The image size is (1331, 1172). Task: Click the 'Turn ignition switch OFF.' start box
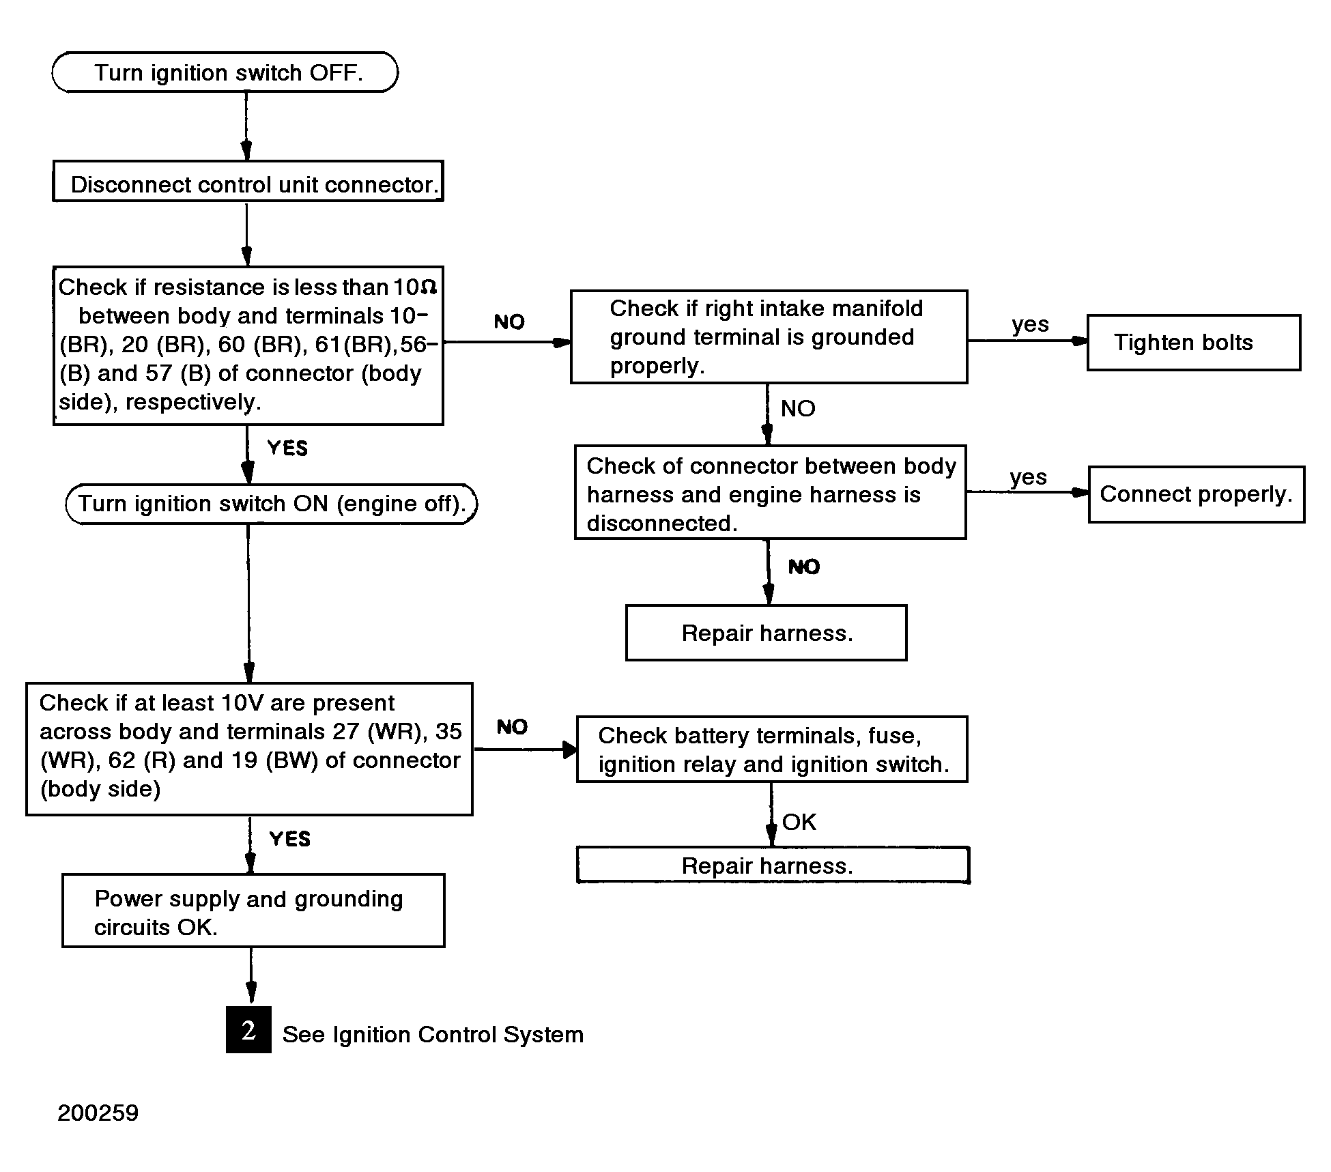point(225,72)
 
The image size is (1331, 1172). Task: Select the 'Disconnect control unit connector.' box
point(248,181)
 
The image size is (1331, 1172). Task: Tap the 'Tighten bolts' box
point(1194,343)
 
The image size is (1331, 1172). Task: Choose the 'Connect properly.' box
point(1197,494)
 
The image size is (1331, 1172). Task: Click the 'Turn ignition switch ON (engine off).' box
point(271,504)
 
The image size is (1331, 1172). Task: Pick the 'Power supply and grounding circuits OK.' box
point(253,911)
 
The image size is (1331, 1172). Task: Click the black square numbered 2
point(248,1029)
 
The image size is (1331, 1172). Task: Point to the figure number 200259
point(98,1113)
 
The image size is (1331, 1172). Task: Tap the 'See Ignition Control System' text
point(433,1035)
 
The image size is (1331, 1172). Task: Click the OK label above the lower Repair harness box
point(799,822)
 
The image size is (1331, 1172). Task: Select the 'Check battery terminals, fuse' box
point(772,749)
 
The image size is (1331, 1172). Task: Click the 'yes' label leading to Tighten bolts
point(1031,324)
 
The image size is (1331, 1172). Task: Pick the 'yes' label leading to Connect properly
point(1029,477)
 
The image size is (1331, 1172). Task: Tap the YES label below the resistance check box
point(287,448)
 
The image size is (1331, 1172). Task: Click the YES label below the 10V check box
point(289,838)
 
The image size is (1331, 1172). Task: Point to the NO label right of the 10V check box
point(512,727)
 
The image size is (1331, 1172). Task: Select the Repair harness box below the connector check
point(767,633)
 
